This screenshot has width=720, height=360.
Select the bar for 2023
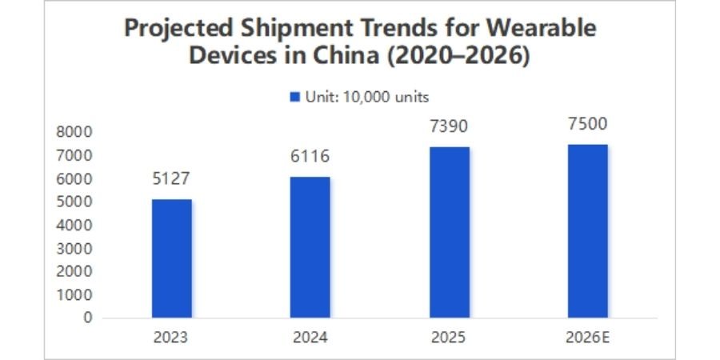click(172, 258)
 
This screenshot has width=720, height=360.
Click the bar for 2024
click(310, 246)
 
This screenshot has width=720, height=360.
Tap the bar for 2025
click(450, 232)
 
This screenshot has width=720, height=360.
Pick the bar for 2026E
click(588, 230)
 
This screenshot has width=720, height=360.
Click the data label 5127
click(172, 178)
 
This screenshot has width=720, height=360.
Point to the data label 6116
click(310, 156)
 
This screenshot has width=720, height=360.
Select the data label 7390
click(450, 126)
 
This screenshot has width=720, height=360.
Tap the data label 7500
click(588, 124)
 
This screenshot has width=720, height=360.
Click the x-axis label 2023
click(172, 337)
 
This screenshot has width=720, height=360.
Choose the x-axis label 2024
click(310, 337)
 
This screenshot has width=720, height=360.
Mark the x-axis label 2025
click(450, 337)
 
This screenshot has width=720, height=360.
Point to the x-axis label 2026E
click(588, 337)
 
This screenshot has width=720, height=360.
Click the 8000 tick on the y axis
click(75, 131)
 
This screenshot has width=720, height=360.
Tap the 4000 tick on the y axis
click(75, 225)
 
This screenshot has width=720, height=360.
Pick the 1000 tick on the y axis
click(75, 294)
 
